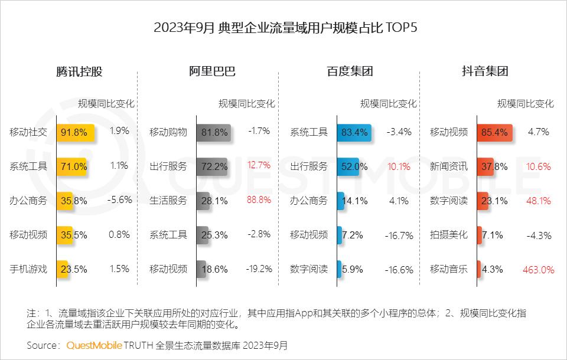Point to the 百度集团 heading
click(x=350, y=72)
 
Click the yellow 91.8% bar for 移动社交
click(x=76, y=132)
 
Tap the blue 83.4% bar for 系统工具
click(x=354, y=132)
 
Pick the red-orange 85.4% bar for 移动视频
click(x=495, y=132)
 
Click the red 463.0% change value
click(x=538, y=270)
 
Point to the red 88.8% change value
click(x=259, y=200)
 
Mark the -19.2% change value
click(x=259, y=269)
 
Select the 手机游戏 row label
click(x=28, y=269)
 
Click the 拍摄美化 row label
click(x=448, y=235)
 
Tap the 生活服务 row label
click(x=168, y=201)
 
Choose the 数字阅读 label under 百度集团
click(x=308, y=269)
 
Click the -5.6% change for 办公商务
click(x=119, y=200)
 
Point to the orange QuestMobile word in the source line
click(x=94, y=345)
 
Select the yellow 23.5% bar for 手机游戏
click(x=63, y=269)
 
